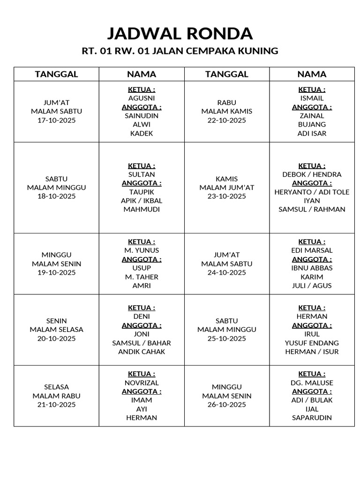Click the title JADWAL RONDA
click(180, 34)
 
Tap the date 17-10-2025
click(56, 120)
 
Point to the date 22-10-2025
click(227, 120)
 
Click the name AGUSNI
click(142, 98)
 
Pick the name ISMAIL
click(312, 98)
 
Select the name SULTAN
click(142, 174)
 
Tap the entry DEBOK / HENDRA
click(312, 174)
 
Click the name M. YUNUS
click(142, 250)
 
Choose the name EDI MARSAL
click(312, 250)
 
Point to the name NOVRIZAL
click(142, 382)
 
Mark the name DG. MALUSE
click(312, 382)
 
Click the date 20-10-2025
click(56, 338)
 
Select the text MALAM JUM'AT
click(227, 187)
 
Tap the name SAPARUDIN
click(312, 418)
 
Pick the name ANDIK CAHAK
click(142, 352)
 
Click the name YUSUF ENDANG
click(312, 343)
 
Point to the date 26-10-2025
click(227, 405)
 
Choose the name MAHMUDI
click(142, 210)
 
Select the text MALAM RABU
click(56, 396)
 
